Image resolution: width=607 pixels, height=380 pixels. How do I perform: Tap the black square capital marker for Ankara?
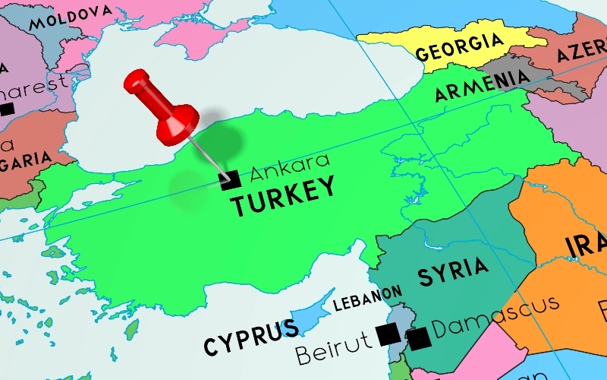pyautogui.click(x=229, y=179)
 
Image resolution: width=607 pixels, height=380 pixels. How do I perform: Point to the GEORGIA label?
pyautogui.click(x=459, y=47)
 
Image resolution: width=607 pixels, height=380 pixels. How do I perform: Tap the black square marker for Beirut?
pyautogui.click(x=388, y=334)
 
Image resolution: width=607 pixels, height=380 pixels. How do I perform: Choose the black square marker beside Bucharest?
pyautogui.click(x=7, y=109)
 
